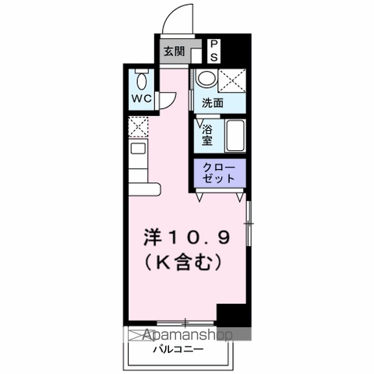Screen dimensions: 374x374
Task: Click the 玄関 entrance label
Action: pyautogui.click(x=174, y=51)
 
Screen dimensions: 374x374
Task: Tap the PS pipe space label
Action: pyautogui.click(x=213, y=51)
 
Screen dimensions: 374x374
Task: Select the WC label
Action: pyautogui.click(x=141, y=98)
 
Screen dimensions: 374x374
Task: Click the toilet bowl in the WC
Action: pyautogui.click(x=142, y=79)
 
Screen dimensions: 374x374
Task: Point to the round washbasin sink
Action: pyautogui.click(x=206, y=77)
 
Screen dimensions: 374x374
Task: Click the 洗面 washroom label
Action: pyautogui.click(x=213, y=103)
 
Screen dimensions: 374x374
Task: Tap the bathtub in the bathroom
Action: pyautogui.click(x=235, y=136)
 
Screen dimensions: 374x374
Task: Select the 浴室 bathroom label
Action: pyautogui.click(x=207, y=135)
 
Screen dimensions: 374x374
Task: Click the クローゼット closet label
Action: pyautogui.click(x=219, y=172)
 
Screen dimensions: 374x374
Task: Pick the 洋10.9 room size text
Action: pyautogui.click(x=187, y=238)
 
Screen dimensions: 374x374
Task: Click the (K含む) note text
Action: pyautogui.click(x=183, y=262)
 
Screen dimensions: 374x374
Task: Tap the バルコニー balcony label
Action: pyautogui.click(x=178, y=349)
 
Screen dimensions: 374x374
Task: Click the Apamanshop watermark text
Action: pyautogui.click(x=188, y=335)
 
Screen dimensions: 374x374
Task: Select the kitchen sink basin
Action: pyautogui.click(x=138, y=148)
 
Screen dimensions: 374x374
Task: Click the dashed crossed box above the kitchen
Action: pyautogui.click(x=138, y=127)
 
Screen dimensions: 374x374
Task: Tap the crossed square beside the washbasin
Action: pyautogui.click(x=231, y=80)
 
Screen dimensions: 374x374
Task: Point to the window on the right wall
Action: pyautogui.click(x=249, y=224)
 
